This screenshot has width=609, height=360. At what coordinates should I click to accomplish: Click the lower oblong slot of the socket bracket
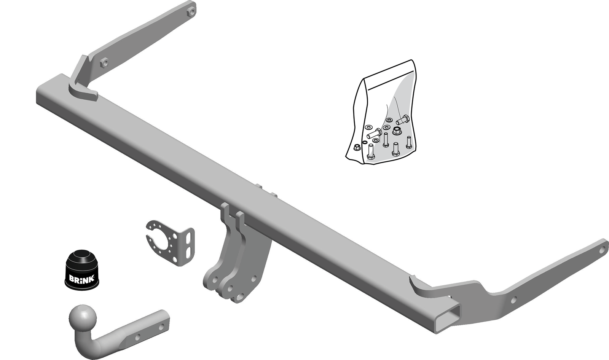(x=188, y=251)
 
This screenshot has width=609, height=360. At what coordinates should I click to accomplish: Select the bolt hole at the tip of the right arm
(x=602, y=250)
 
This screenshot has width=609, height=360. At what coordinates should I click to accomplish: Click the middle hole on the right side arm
(x=513, y=300)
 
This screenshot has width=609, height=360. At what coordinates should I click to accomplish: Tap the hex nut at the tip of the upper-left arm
(x=191, y=11)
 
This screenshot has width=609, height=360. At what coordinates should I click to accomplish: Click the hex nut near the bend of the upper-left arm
(x=104, y=63)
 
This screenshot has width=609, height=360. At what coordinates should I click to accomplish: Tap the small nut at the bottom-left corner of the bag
(x=357, y=148)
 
